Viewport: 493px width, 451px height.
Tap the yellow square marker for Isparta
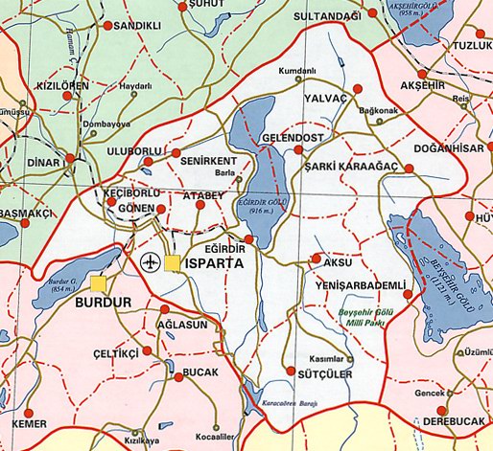pyautogui.click(x=173, y=261)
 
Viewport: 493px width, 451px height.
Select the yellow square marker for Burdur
pyautogui.click(x=100, y=283)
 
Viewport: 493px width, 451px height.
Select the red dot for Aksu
pyautogui.click(x=317, y=259)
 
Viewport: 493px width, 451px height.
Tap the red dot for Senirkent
pyautogui.click(x=176, y=152)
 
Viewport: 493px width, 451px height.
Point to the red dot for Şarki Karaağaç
pyautogui.click(x=410, y=169)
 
